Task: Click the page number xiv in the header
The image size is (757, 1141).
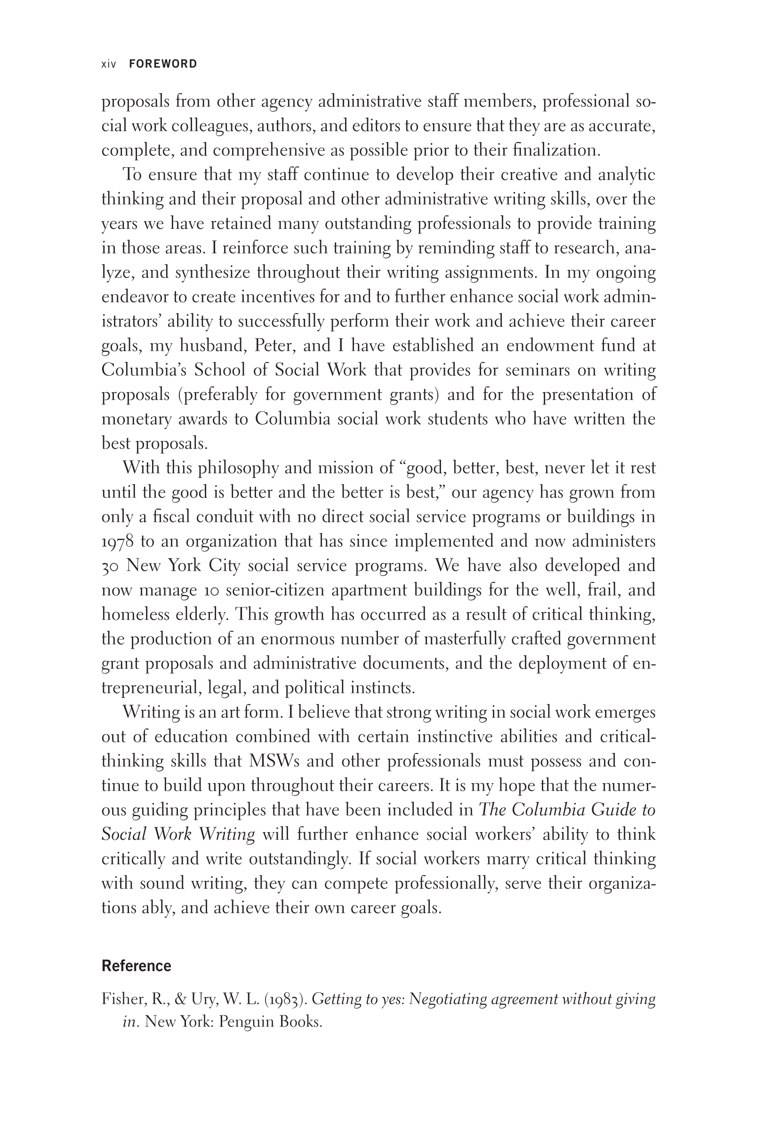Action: [x=109, y=64]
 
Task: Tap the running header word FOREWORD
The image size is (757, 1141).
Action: [x=163, y=64]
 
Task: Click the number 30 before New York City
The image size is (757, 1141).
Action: [x=110, y=566]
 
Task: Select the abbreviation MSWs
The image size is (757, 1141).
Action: [x=274, y=761]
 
